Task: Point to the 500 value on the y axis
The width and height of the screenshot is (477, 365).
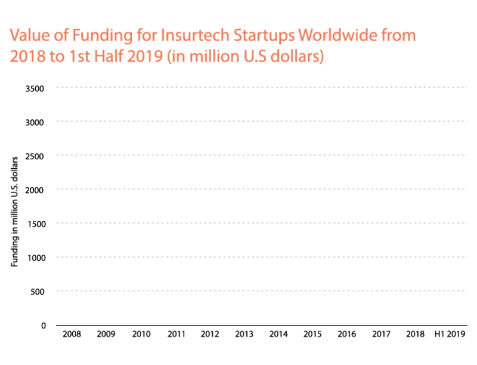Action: (39, 291)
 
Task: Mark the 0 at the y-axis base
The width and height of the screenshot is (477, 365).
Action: (44, 325)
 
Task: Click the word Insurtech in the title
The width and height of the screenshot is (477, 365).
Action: (185, 35)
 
